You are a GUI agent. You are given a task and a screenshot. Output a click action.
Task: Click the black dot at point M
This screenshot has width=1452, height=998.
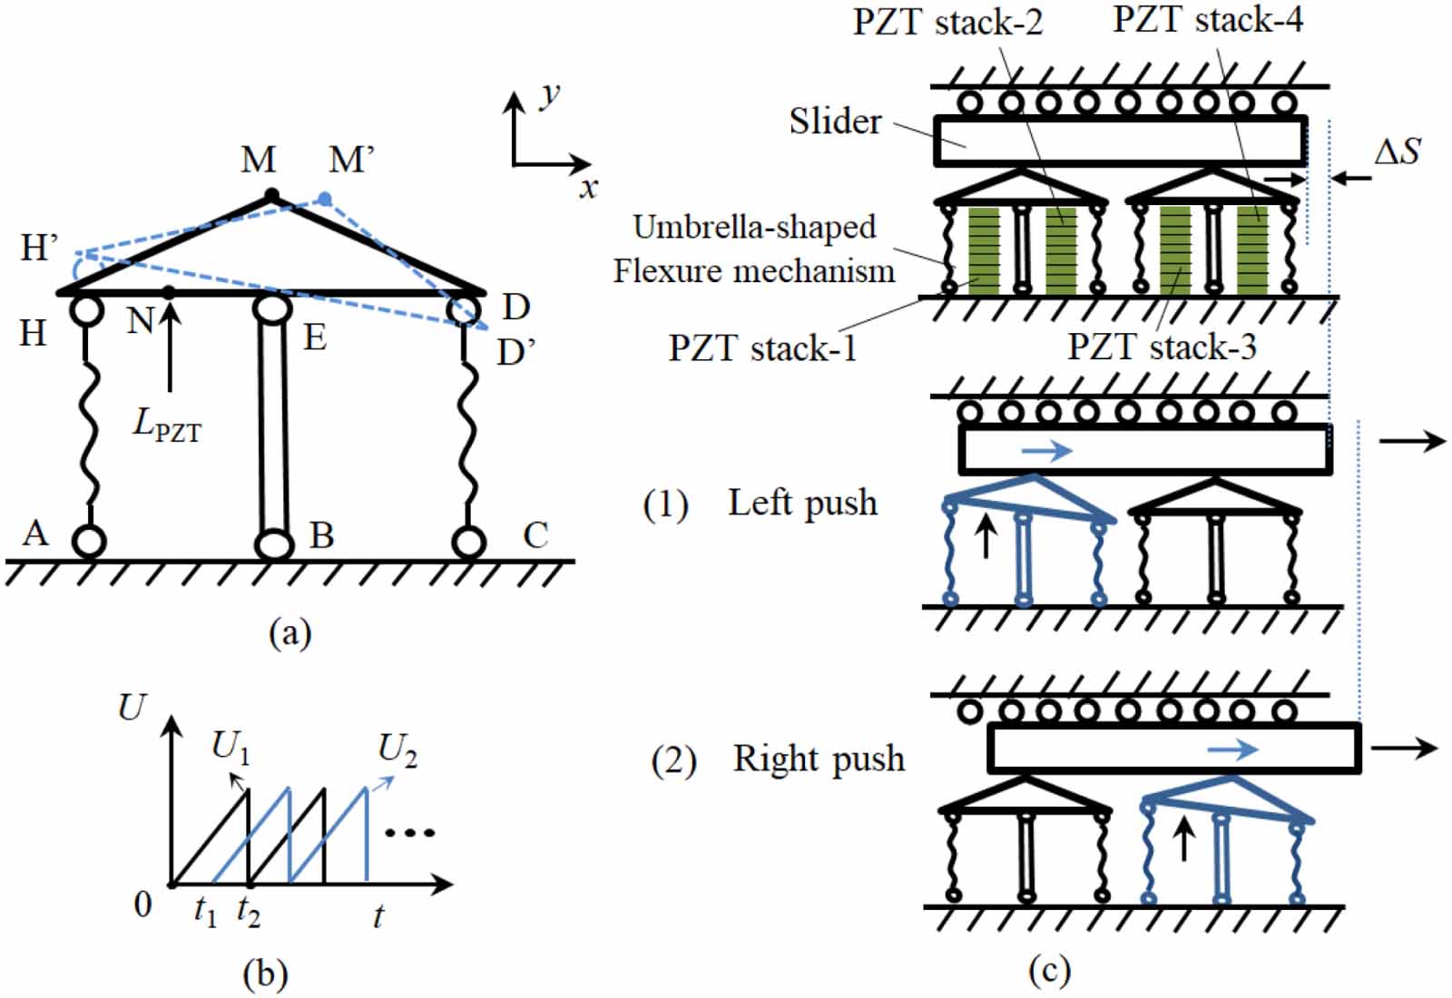(x=270, y=194)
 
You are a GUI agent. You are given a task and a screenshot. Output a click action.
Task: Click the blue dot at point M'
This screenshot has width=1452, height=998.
(x=325, y=198)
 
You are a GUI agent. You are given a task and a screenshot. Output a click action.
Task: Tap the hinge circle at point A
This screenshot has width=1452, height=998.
(x=89, y=542)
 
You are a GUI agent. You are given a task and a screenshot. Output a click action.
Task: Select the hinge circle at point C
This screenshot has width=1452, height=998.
(x=468, y=542)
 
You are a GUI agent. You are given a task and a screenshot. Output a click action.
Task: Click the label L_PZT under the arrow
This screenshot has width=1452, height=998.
(x=167, y=425)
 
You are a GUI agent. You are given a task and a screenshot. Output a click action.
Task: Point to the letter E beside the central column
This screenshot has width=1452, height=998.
(x=315, y=338)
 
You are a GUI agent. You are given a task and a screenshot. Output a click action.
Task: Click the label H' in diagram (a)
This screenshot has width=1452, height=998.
(x=39, y=247)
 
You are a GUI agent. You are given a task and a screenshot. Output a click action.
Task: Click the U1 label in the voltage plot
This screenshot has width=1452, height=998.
(x=230, y=748)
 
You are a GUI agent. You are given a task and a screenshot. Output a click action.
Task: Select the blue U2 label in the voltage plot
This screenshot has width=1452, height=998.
(x=397, y=750)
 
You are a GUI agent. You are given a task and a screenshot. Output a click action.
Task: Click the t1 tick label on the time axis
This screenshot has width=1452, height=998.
(x=205, y=911)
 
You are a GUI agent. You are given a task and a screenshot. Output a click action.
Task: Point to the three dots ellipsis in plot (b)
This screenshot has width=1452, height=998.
(x=410, y=832)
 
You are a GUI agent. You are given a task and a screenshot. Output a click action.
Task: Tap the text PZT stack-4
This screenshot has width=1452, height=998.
(x=1208, y=19)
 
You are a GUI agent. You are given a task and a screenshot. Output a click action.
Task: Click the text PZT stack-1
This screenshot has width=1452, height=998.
(x=762, y=347)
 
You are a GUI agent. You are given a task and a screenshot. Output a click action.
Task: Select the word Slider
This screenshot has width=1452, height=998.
(x=835, y=122)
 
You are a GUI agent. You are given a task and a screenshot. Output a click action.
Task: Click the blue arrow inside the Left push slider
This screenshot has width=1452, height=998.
(x=1046, y=450)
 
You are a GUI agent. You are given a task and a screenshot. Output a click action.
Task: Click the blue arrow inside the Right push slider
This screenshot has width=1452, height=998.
(x=1232, y=748)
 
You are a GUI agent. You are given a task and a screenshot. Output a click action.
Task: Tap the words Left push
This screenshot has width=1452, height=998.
(x=802, y=503)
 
